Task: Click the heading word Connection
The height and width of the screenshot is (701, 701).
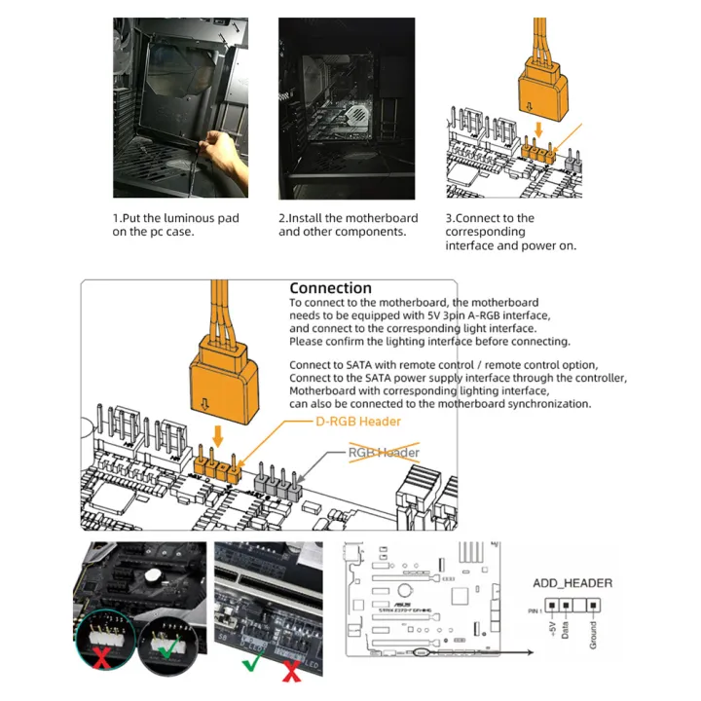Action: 330,288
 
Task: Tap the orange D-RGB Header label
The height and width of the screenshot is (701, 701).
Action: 358,422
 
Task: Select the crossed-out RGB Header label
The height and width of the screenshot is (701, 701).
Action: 384,453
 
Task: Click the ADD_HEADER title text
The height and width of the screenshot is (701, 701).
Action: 572,583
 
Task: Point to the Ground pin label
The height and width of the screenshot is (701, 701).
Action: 593,631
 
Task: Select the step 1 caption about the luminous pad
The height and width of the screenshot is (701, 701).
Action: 175,225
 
